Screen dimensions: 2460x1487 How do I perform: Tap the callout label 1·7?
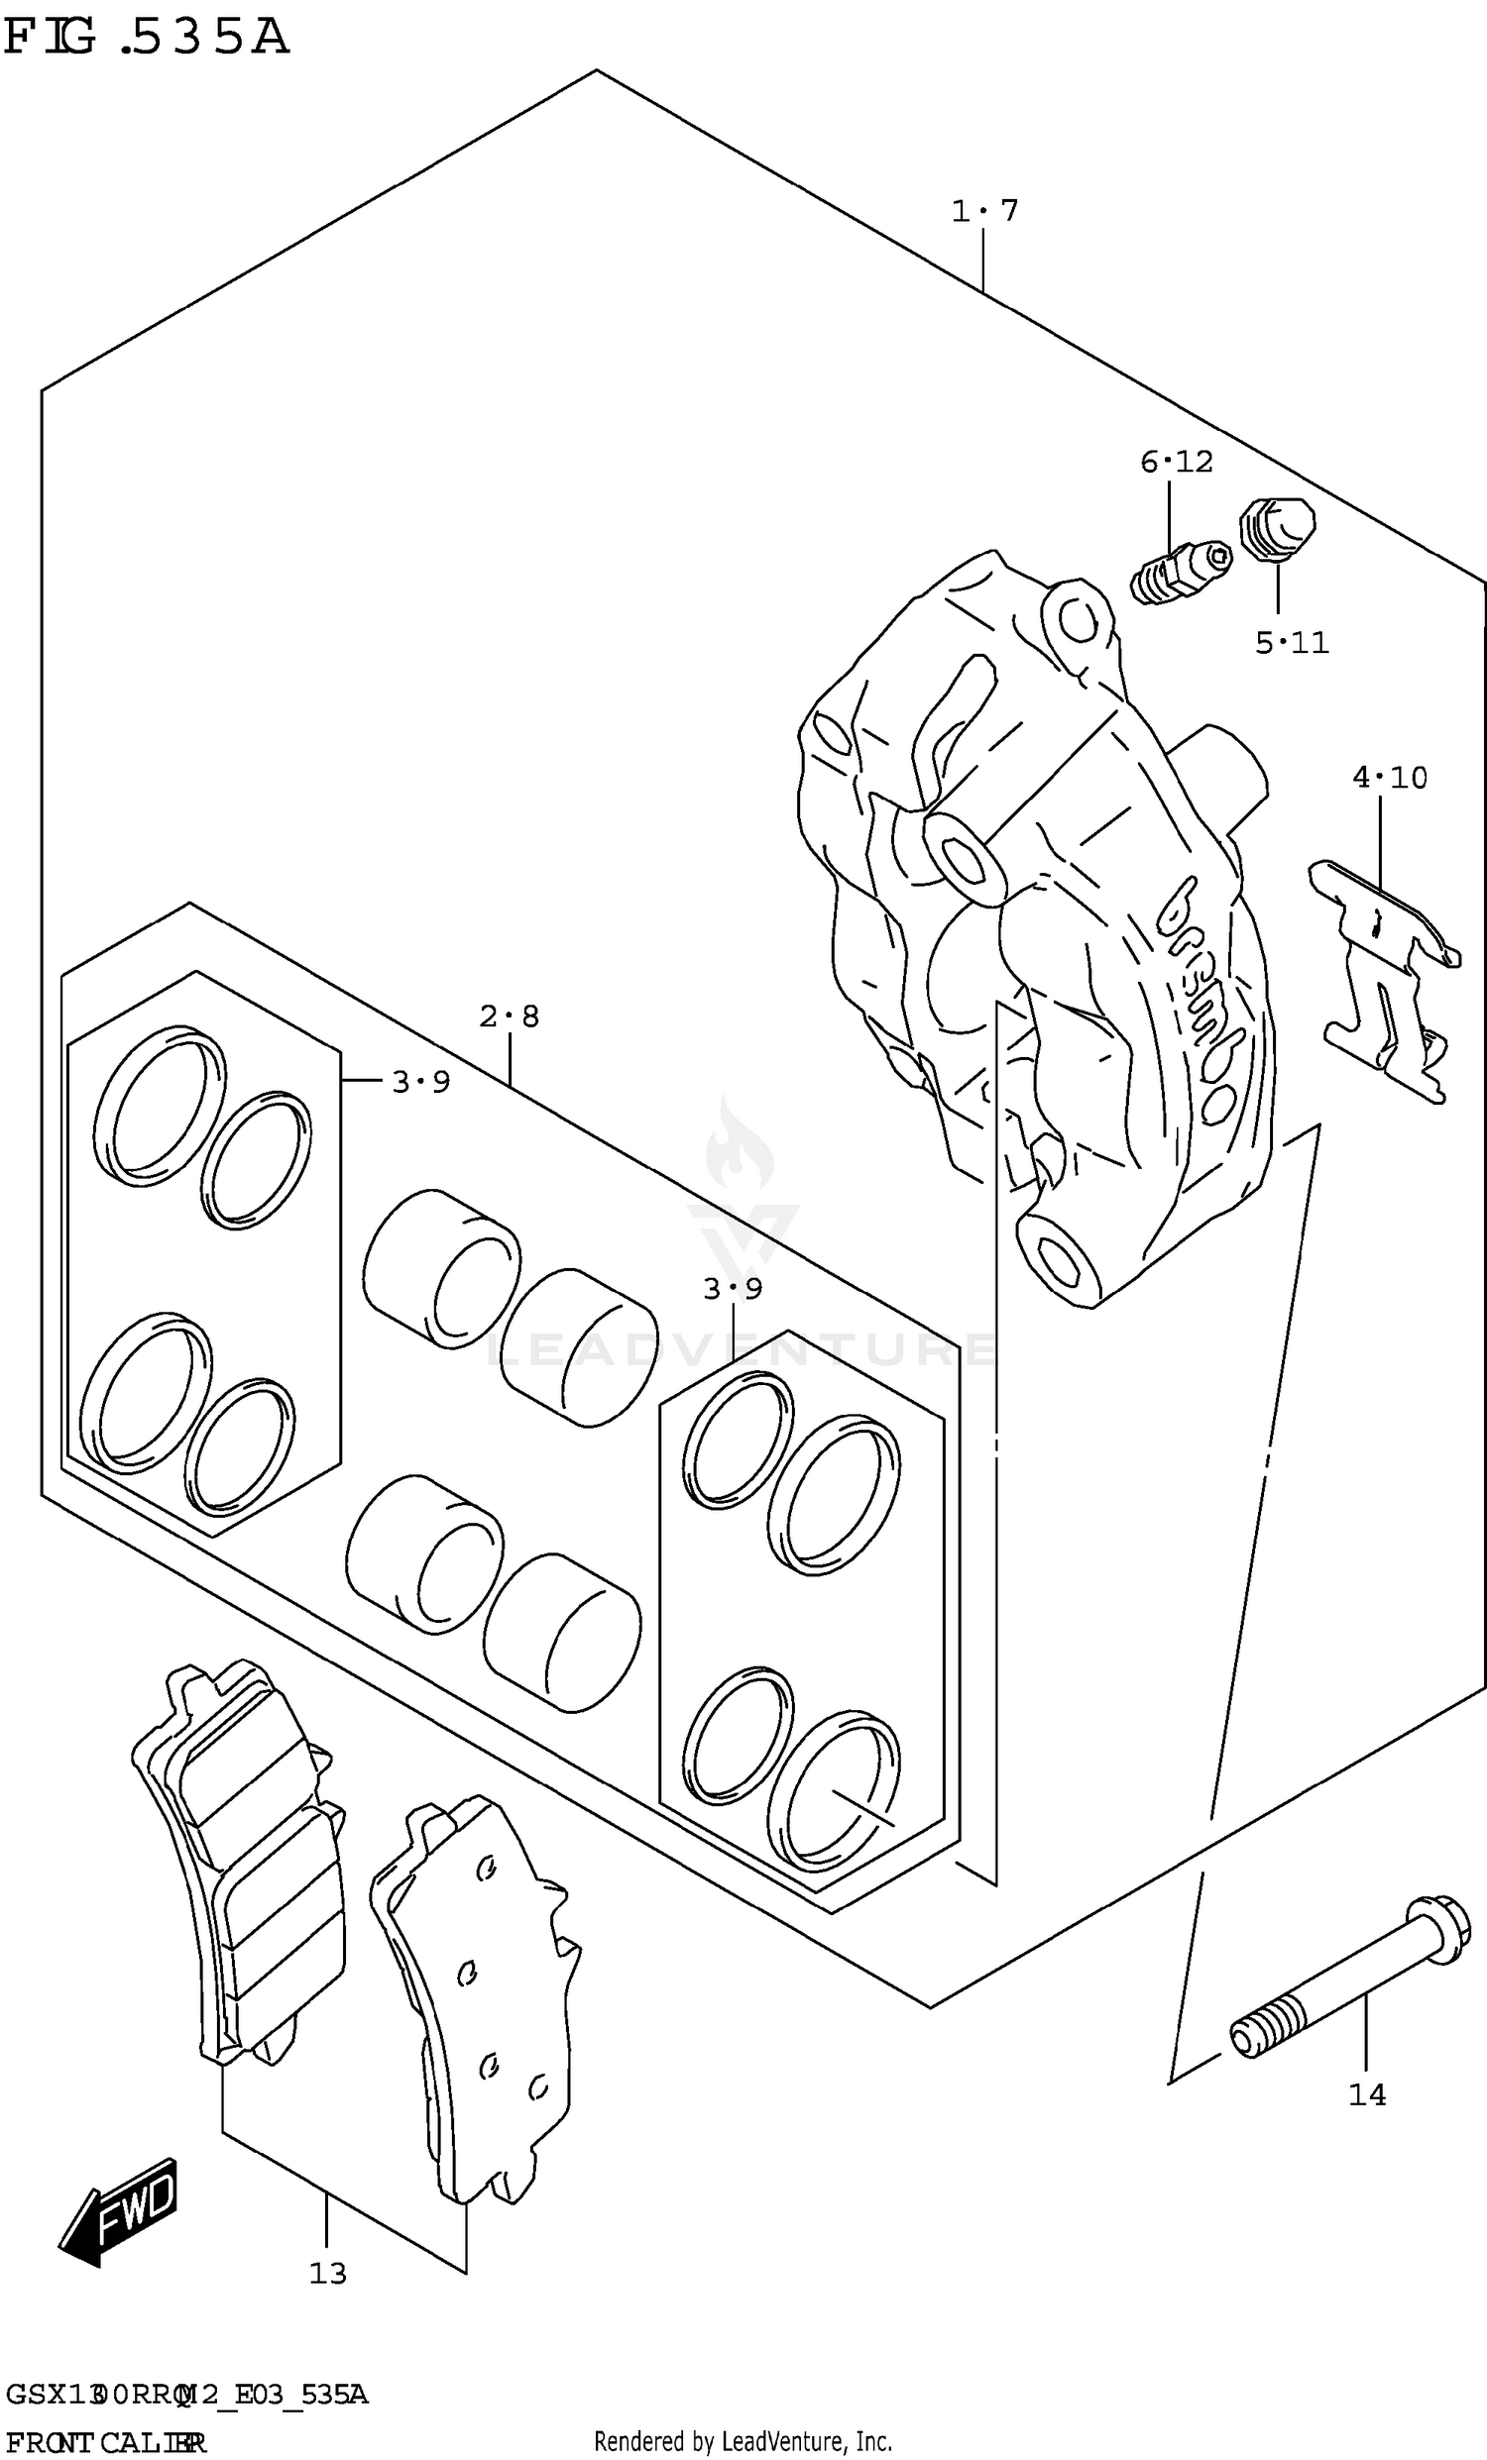(x=983, y=211)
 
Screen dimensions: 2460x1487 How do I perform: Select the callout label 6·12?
(x=1177, y=462)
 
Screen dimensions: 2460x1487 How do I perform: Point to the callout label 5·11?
(x=1292, y=643)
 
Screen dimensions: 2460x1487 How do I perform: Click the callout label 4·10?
(x=1389, y=777)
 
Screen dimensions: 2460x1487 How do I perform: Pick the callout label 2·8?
(x=509, y=1016)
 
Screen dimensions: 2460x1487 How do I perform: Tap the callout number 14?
(x=1366, y=2094)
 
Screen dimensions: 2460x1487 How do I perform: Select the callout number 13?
(x=326, y=2273)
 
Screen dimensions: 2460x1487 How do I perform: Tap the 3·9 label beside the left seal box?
(x=420, y=1081)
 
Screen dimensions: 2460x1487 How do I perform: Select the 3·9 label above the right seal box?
(x=732, y=1289)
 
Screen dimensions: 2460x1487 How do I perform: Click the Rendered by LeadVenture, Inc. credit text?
(x=742, y=2442)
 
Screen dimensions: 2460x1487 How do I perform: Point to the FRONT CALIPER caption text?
(x=105, y=2442)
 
